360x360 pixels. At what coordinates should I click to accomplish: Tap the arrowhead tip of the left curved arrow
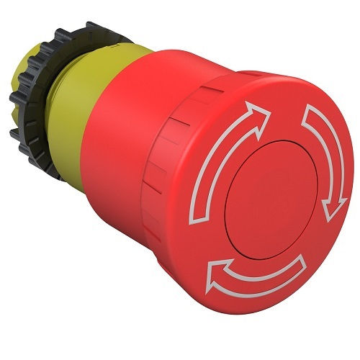(263, 109)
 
